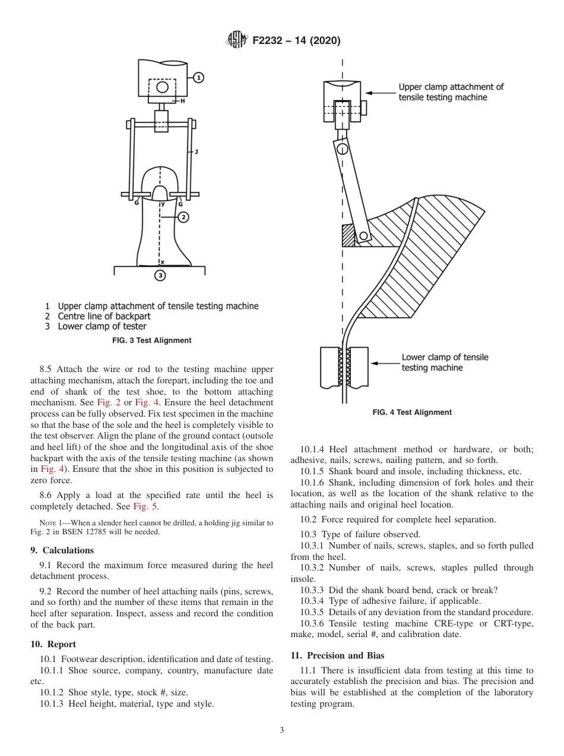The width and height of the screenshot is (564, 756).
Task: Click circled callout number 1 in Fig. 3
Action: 198,77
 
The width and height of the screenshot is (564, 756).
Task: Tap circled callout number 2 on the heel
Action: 183,217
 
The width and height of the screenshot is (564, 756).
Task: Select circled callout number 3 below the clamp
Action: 160,275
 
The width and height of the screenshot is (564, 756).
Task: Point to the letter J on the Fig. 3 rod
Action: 197,153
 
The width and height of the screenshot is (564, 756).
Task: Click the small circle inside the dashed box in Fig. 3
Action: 162,87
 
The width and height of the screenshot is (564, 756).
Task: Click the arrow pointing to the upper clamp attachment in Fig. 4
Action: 379,93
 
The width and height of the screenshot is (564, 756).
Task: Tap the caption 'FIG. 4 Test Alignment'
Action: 412,412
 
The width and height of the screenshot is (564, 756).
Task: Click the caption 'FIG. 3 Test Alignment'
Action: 152,341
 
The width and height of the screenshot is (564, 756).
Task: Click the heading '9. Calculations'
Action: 62,550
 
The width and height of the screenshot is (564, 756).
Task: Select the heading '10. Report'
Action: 53,644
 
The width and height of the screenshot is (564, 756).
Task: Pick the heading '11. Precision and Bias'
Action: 337,656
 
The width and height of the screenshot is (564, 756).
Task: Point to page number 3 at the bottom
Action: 281,730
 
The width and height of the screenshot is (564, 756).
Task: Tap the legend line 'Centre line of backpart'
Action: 104,316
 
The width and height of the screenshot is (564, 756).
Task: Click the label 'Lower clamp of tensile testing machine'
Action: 445,363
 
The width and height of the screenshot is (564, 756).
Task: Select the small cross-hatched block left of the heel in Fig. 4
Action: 348,235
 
